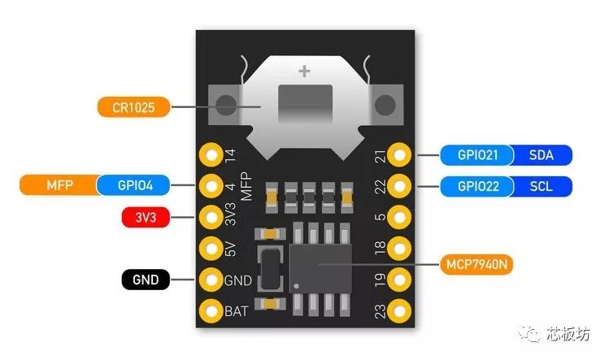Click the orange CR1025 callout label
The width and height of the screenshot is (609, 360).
click(133, 107)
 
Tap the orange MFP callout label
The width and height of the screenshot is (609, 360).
click(59, 185)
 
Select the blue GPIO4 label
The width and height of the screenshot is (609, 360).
click(133, 185)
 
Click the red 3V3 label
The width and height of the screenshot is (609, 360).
click(146, 217)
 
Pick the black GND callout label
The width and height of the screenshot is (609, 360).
click(146, 280)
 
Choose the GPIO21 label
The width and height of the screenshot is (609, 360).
click(477, 155)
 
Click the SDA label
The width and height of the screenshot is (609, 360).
click(542, 155)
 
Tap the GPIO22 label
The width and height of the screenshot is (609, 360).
click(477, 186)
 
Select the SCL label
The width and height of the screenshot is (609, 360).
click(542, 186)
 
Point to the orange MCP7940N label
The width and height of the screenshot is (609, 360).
click(476, 264)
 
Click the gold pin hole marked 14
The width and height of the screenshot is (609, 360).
click(211, 154)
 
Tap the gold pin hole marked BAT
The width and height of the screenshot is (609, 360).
click(211, 311)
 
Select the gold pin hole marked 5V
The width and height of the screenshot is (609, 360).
click(211, 248)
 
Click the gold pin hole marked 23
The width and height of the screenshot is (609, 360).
click(399, 311)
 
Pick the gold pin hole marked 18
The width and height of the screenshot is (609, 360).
click(399, 248)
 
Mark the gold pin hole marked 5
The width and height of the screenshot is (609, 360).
click(399, 217)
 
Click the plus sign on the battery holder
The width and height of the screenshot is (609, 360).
click(304, 71)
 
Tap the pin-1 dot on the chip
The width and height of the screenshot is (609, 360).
click(296, 286)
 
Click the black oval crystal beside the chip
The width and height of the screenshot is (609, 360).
click(270, 269)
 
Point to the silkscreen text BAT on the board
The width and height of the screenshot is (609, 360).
click(236, 311)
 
